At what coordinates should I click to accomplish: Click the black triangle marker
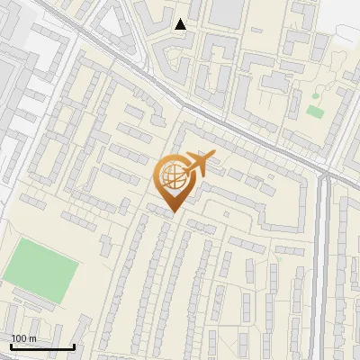pyautogui.click(x=181, y=24)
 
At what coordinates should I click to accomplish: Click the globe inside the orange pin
pyautogui.click(x=170, y=174)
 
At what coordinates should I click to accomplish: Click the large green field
pyautogui.click(x=40, y=269)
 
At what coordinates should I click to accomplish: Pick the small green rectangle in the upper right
pyautogui.click(x=314, y=111)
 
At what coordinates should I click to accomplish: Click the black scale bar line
pyautogui.click(x=41, y=346)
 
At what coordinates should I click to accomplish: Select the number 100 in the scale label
pyautogui.click(x=20, y=338)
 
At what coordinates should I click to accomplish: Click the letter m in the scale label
pyautogui.click(x=31, y=338)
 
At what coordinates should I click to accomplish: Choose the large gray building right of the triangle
pyautogui.click(x=227, y=12)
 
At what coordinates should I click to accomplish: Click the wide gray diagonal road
pyautogui.click(x=135, y=72)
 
